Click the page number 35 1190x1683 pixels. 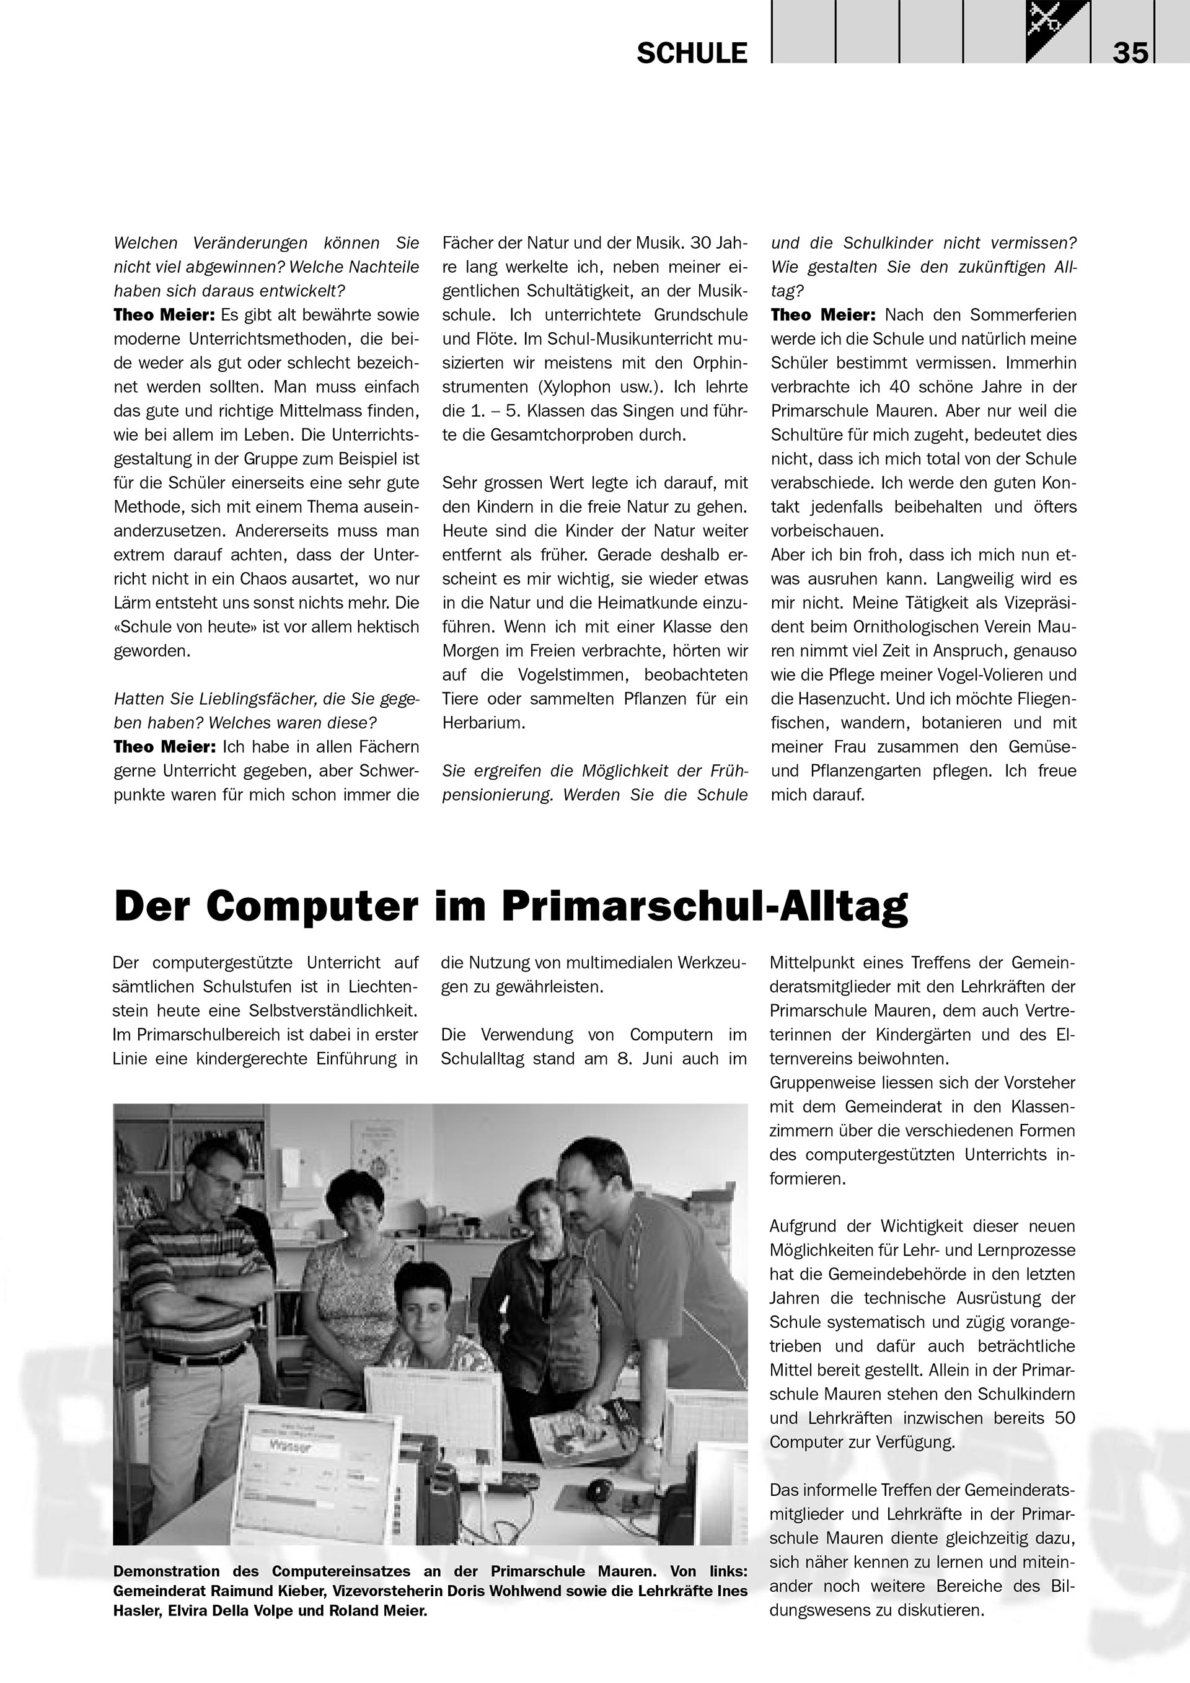[1130, 53]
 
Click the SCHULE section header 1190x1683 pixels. [692, 53]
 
